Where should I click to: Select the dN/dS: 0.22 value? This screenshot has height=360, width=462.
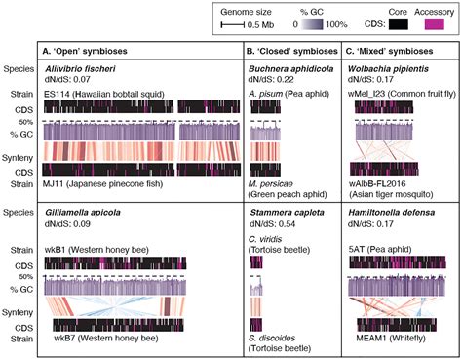tap(271, 81)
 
